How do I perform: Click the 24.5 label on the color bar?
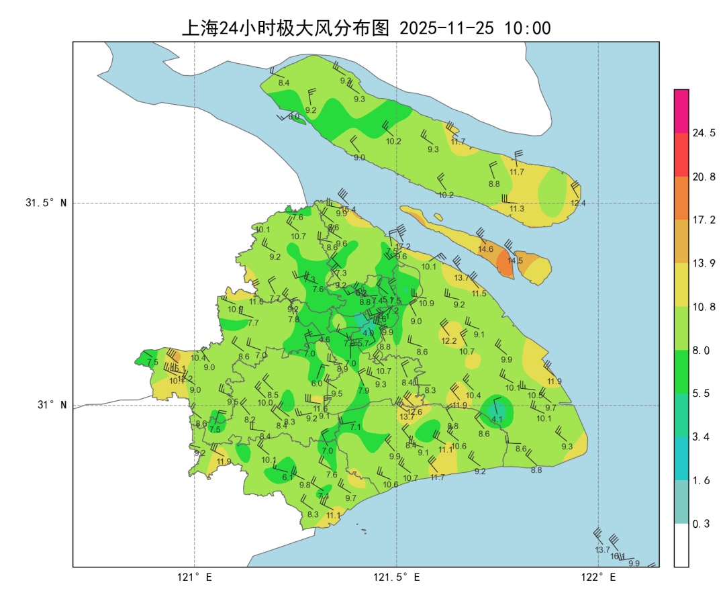(704, 133)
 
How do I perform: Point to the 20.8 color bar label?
(704, 177)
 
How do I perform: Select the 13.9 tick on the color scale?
(704, 263)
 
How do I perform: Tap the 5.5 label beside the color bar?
(702, 394)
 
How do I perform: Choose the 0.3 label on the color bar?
(702, 524)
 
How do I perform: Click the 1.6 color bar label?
(702, 480)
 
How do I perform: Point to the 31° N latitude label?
(50, 405)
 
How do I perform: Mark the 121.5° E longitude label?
(397, 578)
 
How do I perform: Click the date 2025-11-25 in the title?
(446, 28)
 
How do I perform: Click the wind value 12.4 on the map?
(578, 203)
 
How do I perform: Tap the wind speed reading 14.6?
(486, 249)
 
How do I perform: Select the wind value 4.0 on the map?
(368, 332)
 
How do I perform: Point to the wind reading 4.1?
(497, 420)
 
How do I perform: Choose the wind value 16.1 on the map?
(618, 556)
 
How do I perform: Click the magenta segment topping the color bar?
(681, 111)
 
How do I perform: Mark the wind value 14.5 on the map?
(515, 261)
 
